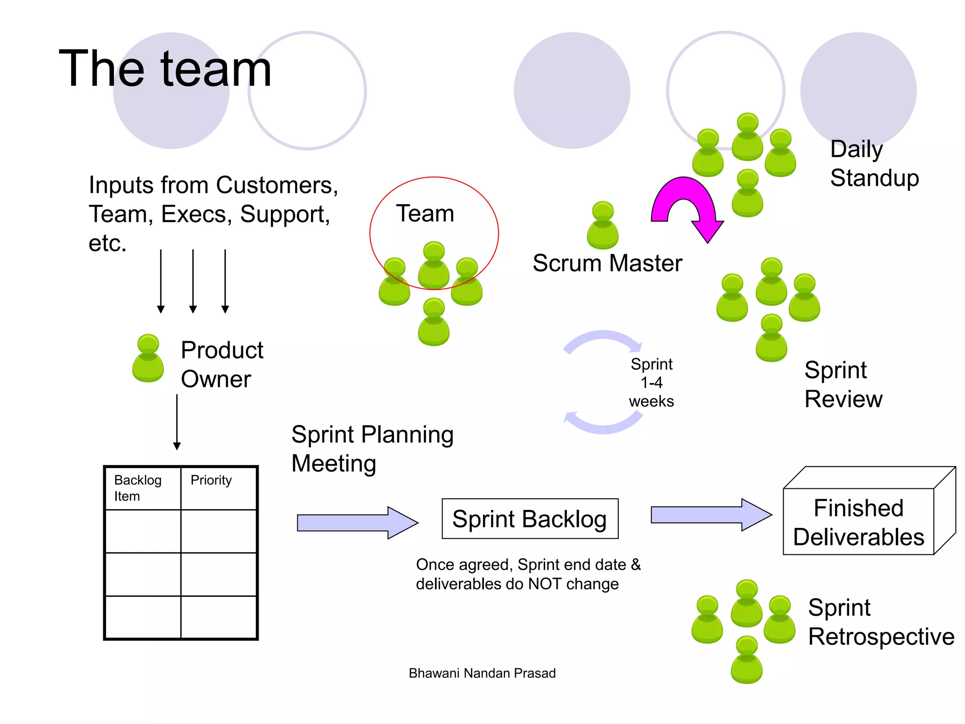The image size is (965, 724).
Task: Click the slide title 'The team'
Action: pos(165,69)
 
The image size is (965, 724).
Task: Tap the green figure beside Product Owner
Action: pos(148,359)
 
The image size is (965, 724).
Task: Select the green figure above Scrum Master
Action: pos(603,226)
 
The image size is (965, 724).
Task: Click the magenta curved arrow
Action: pos(686,203)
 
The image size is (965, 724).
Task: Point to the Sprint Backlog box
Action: pos(530,518)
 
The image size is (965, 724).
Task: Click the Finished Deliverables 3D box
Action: pos(859,522)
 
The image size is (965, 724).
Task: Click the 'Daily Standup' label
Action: pos(874,164)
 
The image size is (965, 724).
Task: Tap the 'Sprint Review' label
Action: pos(843,385)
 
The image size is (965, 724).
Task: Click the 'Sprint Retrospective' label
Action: pos(880,622)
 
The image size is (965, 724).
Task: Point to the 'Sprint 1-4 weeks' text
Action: pos(651,383)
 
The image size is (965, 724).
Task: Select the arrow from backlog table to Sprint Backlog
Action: pos(357,523)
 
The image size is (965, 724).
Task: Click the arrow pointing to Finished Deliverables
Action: pos(711,515)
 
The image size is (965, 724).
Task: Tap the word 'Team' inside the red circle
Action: pos(425,214)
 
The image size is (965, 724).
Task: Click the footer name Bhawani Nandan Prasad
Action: pos(482,673)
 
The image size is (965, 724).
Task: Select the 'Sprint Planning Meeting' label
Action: pos(372,449)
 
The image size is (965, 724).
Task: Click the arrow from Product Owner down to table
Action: pos(177,422)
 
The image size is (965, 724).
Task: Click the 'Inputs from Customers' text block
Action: pos(213,214)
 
